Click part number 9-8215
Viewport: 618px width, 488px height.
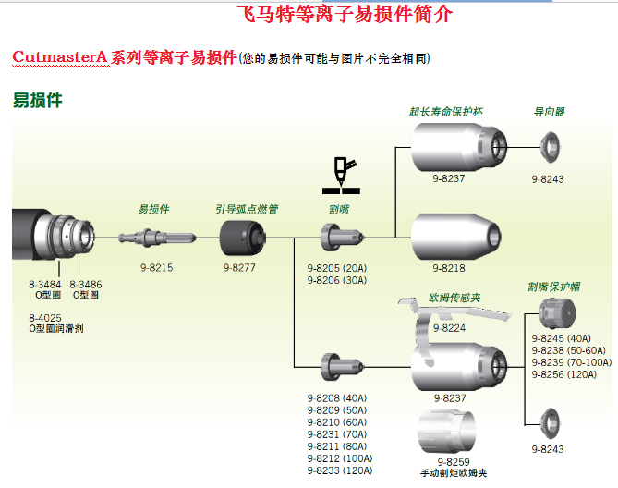156,268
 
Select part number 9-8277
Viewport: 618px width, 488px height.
239,268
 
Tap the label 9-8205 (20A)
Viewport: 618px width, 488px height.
336,268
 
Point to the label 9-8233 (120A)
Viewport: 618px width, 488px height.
339,470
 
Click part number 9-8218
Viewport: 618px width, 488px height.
449,268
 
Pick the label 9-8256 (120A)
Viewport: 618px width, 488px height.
571,374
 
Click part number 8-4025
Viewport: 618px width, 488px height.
45,318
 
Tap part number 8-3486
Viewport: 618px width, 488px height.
86,284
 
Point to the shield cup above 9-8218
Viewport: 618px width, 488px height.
455,238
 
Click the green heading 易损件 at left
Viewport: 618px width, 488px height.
38,101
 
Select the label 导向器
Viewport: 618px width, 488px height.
550,111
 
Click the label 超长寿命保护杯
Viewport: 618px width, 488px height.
446,111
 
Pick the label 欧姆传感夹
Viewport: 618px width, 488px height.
454,299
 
